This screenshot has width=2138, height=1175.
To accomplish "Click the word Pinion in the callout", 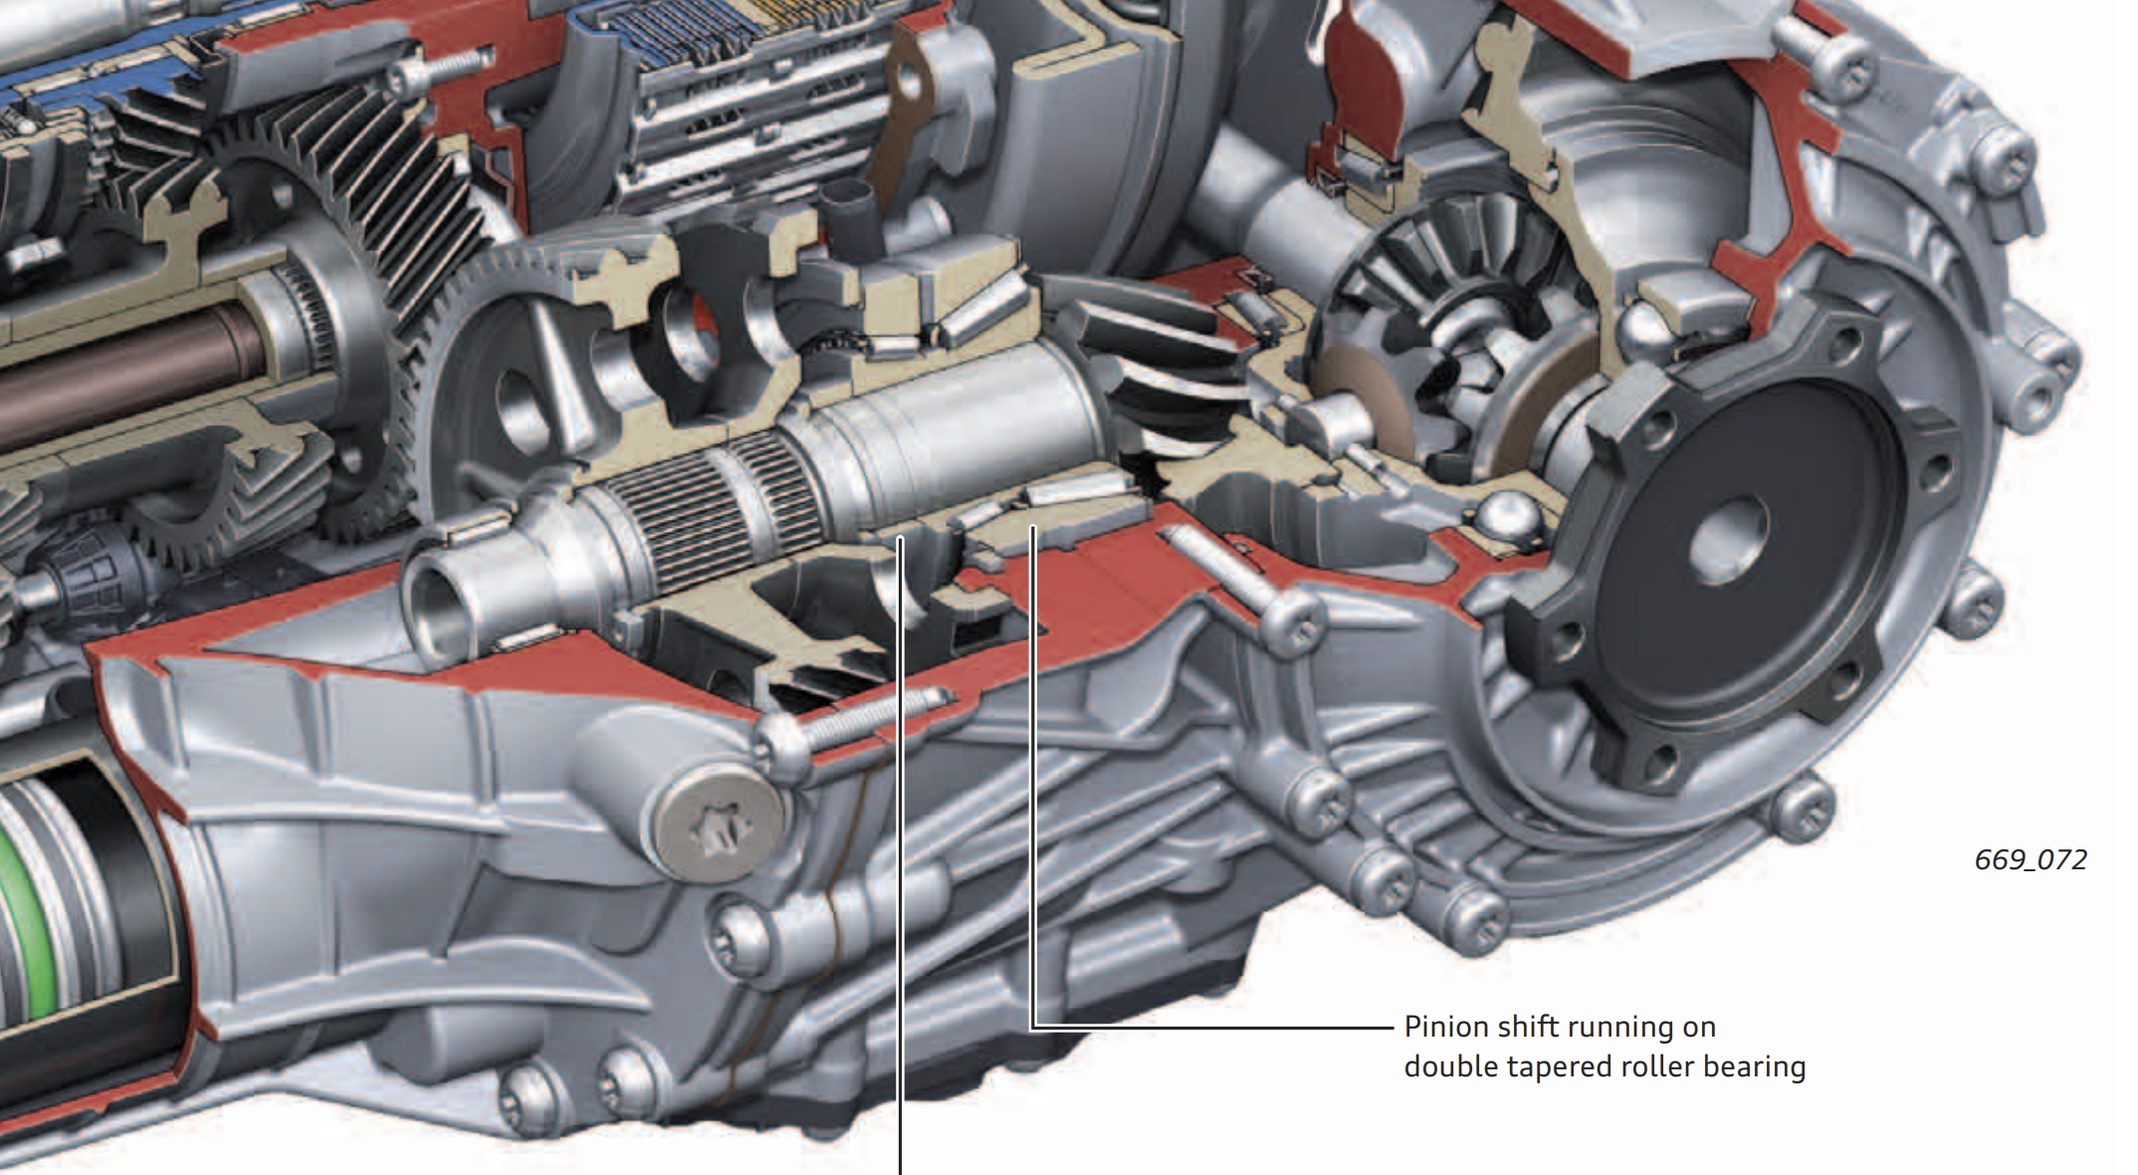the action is click(1445, 1027).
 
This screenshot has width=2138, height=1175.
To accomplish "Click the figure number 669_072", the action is click(2031, 859).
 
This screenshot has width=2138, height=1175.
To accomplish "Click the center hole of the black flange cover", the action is click(1730, 540).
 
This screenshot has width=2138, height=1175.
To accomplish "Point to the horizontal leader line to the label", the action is click(1213, 1027).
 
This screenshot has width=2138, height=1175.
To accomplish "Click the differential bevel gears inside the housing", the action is click(1443, 319).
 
